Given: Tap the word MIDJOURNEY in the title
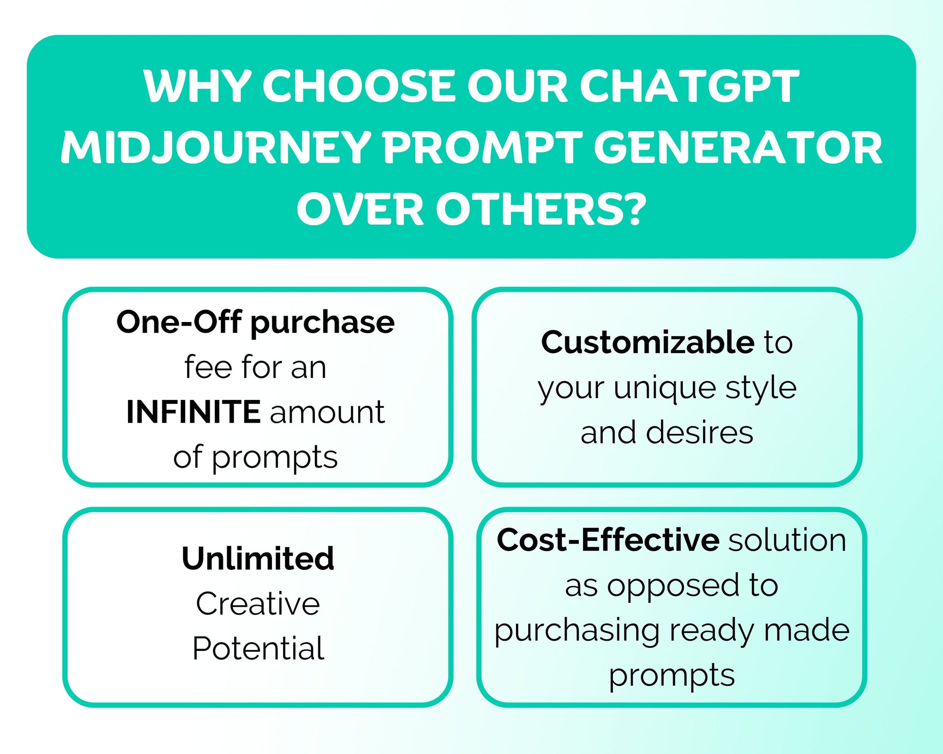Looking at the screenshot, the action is tap(216, 148).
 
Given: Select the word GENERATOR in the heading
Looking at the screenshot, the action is tap(738, 148).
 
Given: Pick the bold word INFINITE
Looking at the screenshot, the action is tap(193, 412).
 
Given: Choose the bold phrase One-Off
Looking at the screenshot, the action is tap(179, 322).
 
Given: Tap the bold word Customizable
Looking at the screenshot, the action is tap(647, 342).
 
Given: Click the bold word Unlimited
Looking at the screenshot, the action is tap(258, 558).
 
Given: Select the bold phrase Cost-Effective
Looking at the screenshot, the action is tap(608, 539).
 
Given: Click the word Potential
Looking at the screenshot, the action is tap(258, 648).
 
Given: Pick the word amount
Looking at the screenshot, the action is tap(327, 413).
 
